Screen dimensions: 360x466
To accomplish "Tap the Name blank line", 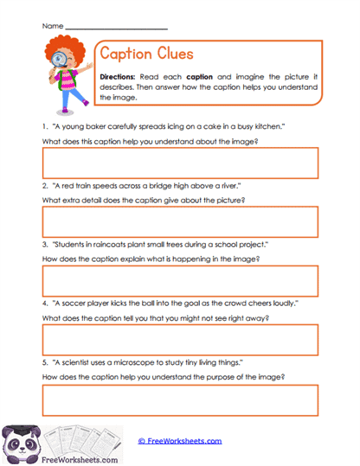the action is (116, 29).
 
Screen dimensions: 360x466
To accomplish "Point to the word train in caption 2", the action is (83, 186).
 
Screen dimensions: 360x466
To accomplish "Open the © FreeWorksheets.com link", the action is (180, 440).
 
